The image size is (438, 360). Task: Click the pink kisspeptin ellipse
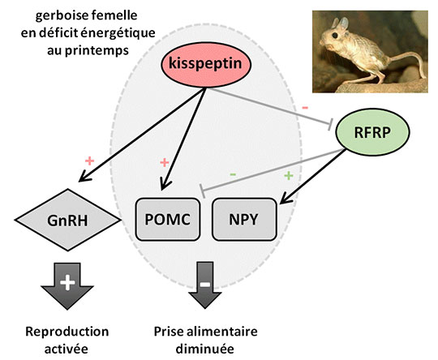pyautogui.click(x=206, y=65)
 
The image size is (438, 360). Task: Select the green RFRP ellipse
pyautogui.click(x=372, y=132)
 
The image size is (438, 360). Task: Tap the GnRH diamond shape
pyautogui.click(x=68, y=220)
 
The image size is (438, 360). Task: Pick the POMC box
pyautogui.click(x=168, y=219)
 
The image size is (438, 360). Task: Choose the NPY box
pyautogui.click(x=244, y=219)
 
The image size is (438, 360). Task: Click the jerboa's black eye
pyautogui.click(x=335, y=36)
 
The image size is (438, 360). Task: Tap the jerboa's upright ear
pyautogui.click(x=344, y=24)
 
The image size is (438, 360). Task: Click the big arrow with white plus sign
pyautogui.click(x=67, y=285)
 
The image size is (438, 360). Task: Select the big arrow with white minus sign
pyautogui.click(x=205, y=285)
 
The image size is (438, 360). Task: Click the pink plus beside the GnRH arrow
pyautogui.click(x=90, y=161)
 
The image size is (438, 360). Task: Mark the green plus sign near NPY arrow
pyautogui.click(x=289, y=176)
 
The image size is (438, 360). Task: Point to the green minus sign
pyautogui.click(x=233, y=174)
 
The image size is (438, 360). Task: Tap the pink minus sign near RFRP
pyautogui.click(x=305, y=108)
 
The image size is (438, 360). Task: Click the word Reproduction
pyautogui.click(x=67, y=332)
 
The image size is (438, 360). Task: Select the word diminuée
pyautogui.click(x=205, y=349)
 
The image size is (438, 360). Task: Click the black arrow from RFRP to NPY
pyautogui.click(x=313, y=176)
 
